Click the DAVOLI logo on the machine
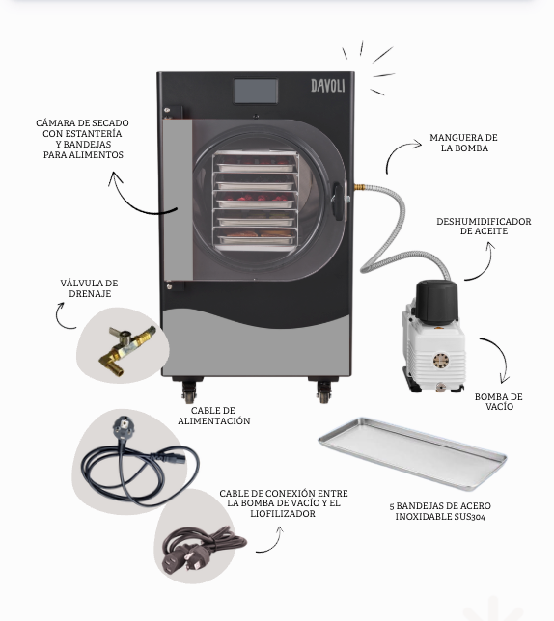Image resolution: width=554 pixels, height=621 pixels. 328,86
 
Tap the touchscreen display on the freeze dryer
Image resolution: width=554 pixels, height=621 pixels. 256,91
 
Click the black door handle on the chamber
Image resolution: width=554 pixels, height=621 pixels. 337,202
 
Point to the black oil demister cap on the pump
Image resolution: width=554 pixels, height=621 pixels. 436,301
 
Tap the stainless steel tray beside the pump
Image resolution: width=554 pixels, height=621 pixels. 412,452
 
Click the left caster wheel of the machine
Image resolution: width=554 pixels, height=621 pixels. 189,392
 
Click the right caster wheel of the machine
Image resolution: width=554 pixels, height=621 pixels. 324,392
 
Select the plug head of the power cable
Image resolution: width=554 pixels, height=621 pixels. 123,427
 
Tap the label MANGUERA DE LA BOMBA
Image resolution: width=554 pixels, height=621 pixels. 463,143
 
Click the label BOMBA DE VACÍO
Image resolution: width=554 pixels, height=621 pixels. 499,401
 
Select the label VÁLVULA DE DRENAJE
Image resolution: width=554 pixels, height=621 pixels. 89,288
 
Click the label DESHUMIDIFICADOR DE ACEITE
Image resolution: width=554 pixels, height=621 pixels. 484,227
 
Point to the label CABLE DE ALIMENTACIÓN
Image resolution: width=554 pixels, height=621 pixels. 214,416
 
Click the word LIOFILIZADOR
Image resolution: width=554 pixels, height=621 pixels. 283,514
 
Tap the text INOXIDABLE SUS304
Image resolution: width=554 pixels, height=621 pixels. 440,517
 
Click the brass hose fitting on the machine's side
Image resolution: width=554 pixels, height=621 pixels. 360,186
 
